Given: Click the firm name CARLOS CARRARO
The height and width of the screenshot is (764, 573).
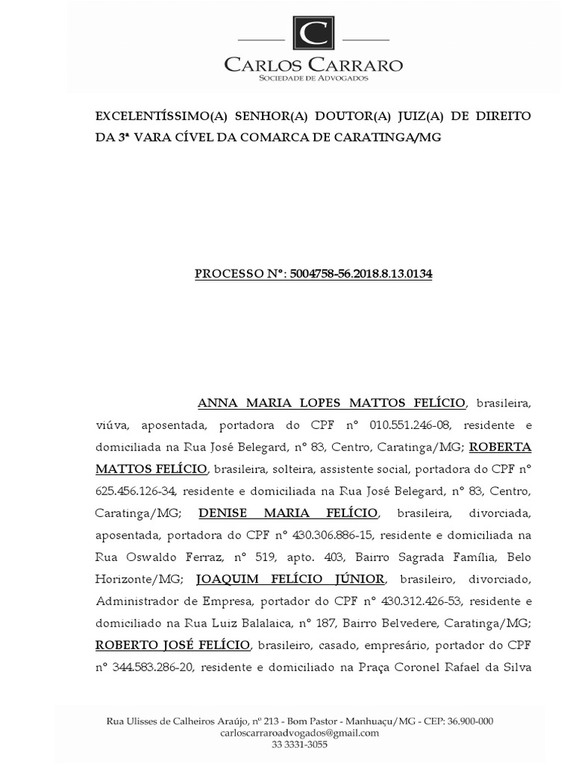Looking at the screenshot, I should click(x=313, y=65).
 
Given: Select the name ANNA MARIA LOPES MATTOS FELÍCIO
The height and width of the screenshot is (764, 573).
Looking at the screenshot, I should click(x=331, y=404).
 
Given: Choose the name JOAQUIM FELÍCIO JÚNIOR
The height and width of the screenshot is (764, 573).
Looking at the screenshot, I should click(x=290, y=579).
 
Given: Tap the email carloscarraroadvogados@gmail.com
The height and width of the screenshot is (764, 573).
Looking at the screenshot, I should click(x=300, y=733).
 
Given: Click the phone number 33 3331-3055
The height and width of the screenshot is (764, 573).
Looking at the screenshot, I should click(x=300, y=745).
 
